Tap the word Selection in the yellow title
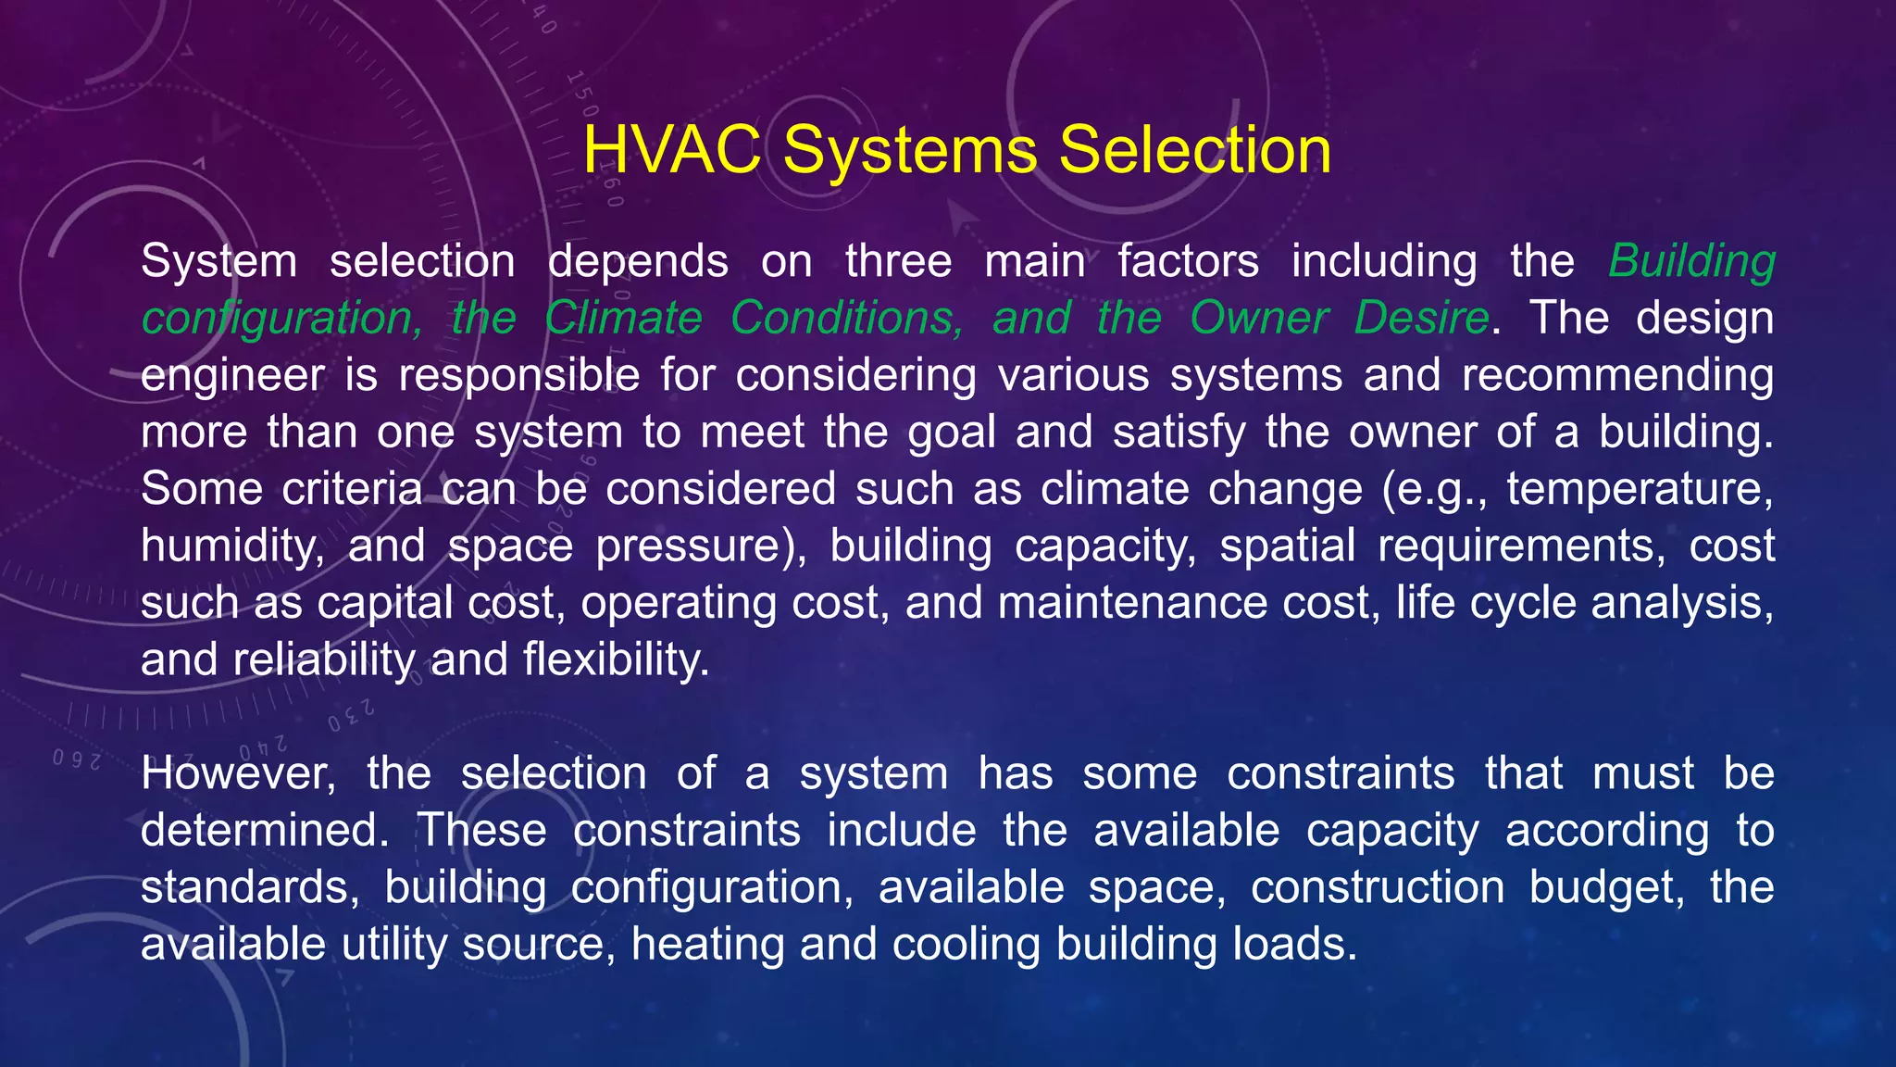[x=1194, y=150]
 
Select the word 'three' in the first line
[x=898, y=261]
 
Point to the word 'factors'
[x=1188, y=261]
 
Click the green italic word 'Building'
[x=1691, y=261]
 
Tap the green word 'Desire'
[x=1421, y=319]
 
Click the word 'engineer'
[x=231, y=376]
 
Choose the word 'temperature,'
[x=1640, y=489]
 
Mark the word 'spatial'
[x=1287, y=546]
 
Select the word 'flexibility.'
[x=616, y=660]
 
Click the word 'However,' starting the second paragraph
[x=238, y=774]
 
